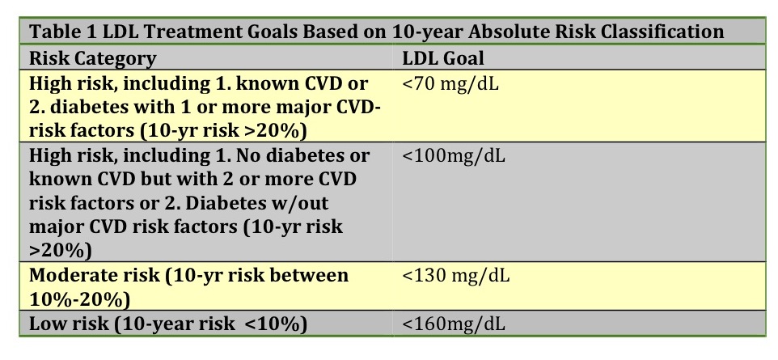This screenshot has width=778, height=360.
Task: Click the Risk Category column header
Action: coord(93,58)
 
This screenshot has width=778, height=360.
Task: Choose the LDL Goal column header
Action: coord(443,58)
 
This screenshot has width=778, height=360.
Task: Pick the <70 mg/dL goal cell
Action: coord(450,83)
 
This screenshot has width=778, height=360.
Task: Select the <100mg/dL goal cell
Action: coord(454,156)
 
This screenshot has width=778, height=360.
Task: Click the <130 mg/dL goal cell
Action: coord(456,275)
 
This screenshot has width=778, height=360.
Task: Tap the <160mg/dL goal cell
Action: coord(454,324)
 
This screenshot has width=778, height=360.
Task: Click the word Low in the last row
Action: coord(46,324)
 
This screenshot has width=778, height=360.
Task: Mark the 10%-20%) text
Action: coord(80,299)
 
